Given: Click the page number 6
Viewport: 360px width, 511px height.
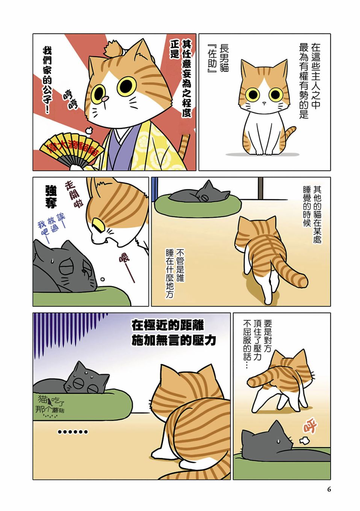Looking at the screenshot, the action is coord(329,489).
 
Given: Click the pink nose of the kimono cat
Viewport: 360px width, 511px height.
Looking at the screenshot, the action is coord(105,98).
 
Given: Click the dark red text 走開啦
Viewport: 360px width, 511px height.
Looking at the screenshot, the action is coord(74,194).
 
